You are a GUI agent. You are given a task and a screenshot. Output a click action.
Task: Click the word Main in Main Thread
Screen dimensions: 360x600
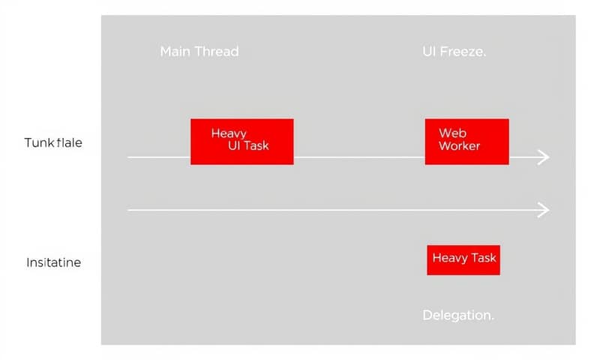(x=175, y=52)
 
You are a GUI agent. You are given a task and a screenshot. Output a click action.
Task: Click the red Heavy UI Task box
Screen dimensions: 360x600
(x=241, y=141)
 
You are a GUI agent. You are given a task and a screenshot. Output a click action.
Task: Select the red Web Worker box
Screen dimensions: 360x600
(x=466, y=141)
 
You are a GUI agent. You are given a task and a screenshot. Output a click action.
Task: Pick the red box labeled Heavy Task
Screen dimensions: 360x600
(x=463, y=259)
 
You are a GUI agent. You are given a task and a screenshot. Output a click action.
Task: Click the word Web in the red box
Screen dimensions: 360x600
(x=448, y=133)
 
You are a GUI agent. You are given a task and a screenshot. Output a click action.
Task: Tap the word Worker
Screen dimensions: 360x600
(x=459, y=145)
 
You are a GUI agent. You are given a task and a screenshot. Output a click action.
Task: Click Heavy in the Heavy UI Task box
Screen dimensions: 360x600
(x=229, y=133)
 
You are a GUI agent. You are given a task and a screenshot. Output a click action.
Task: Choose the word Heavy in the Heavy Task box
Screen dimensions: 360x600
(x=450, y=258)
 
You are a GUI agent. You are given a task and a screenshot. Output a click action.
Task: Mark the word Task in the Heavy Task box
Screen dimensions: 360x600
(x=484, y=258)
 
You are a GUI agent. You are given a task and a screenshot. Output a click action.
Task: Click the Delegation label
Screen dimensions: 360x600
(x=458, y=315)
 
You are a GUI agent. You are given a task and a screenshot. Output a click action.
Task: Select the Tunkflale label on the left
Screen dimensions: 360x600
(x=53, y=142)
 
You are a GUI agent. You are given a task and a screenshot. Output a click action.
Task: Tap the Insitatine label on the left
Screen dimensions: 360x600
(x=53, y=263)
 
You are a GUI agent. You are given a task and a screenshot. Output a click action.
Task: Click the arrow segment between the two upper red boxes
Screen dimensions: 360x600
(x=358, y=157)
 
